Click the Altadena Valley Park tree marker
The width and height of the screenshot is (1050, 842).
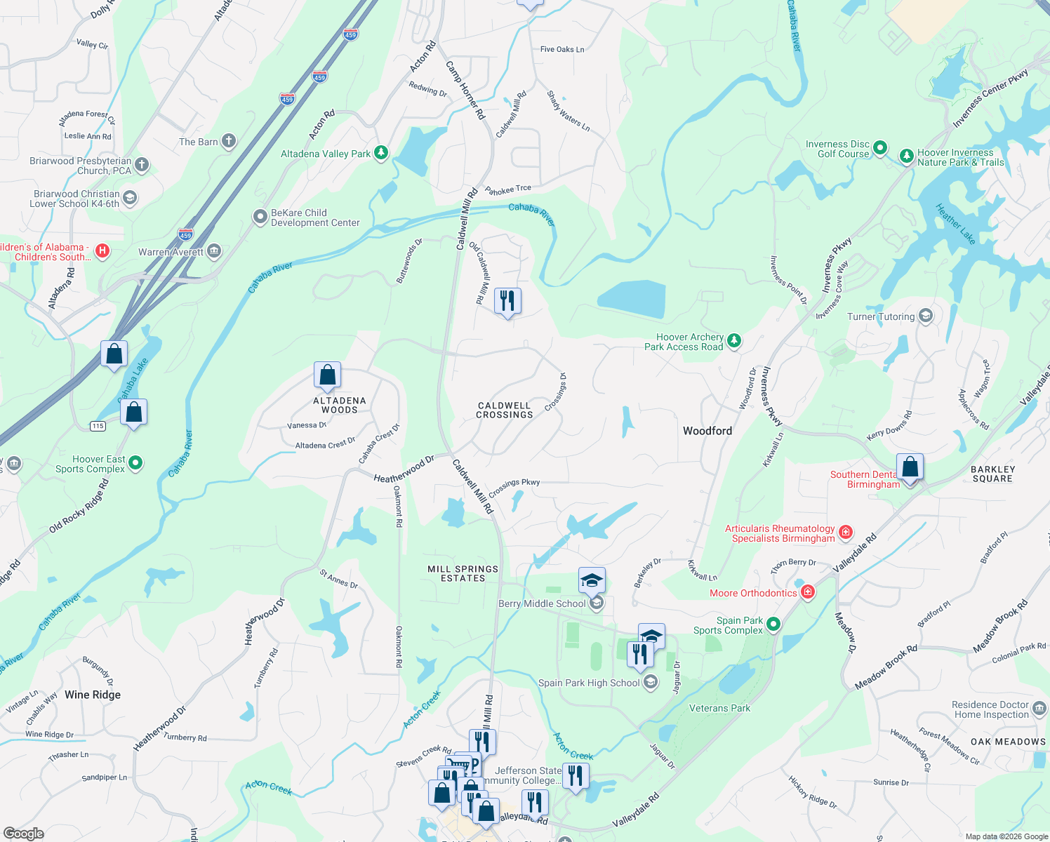coord(381,152)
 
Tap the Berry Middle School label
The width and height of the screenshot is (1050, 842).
coord(542,603)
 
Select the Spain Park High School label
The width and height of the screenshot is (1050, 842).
coord(589,683)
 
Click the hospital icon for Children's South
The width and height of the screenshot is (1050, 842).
coord(102,251)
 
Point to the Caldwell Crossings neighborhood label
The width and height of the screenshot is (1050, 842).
coord(505,410)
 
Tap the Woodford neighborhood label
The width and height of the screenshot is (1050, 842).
coord(707,431)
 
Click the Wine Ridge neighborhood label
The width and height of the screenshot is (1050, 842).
coord(93,695)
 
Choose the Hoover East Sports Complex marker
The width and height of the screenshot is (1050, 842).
coord(136,462)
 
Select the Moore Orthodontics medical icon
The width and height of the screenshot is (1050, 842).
coord(808,592)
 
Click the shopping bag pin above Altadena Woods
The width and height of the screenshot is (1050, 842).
coord(327,375)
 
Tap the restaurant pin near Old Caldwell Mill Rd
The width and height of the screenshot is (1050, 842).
coord(507,301)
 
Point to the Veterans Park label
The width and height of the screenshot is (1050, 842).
coord(719,708)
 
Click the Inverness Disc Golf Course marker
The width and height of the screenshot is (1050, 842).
coord(880,149)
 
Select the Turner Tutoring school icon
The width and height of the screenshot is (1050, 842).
coord(926,316)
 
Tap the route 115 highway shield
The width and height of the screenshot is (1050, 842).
coord(98,426)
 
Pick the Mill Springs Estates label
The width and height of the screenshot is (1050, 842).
coord(463,573)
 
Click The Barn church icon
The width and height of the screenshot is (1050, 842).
coord(229,141)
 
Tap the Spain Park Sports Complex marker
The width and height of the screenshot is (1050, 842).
coord(773,623)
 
